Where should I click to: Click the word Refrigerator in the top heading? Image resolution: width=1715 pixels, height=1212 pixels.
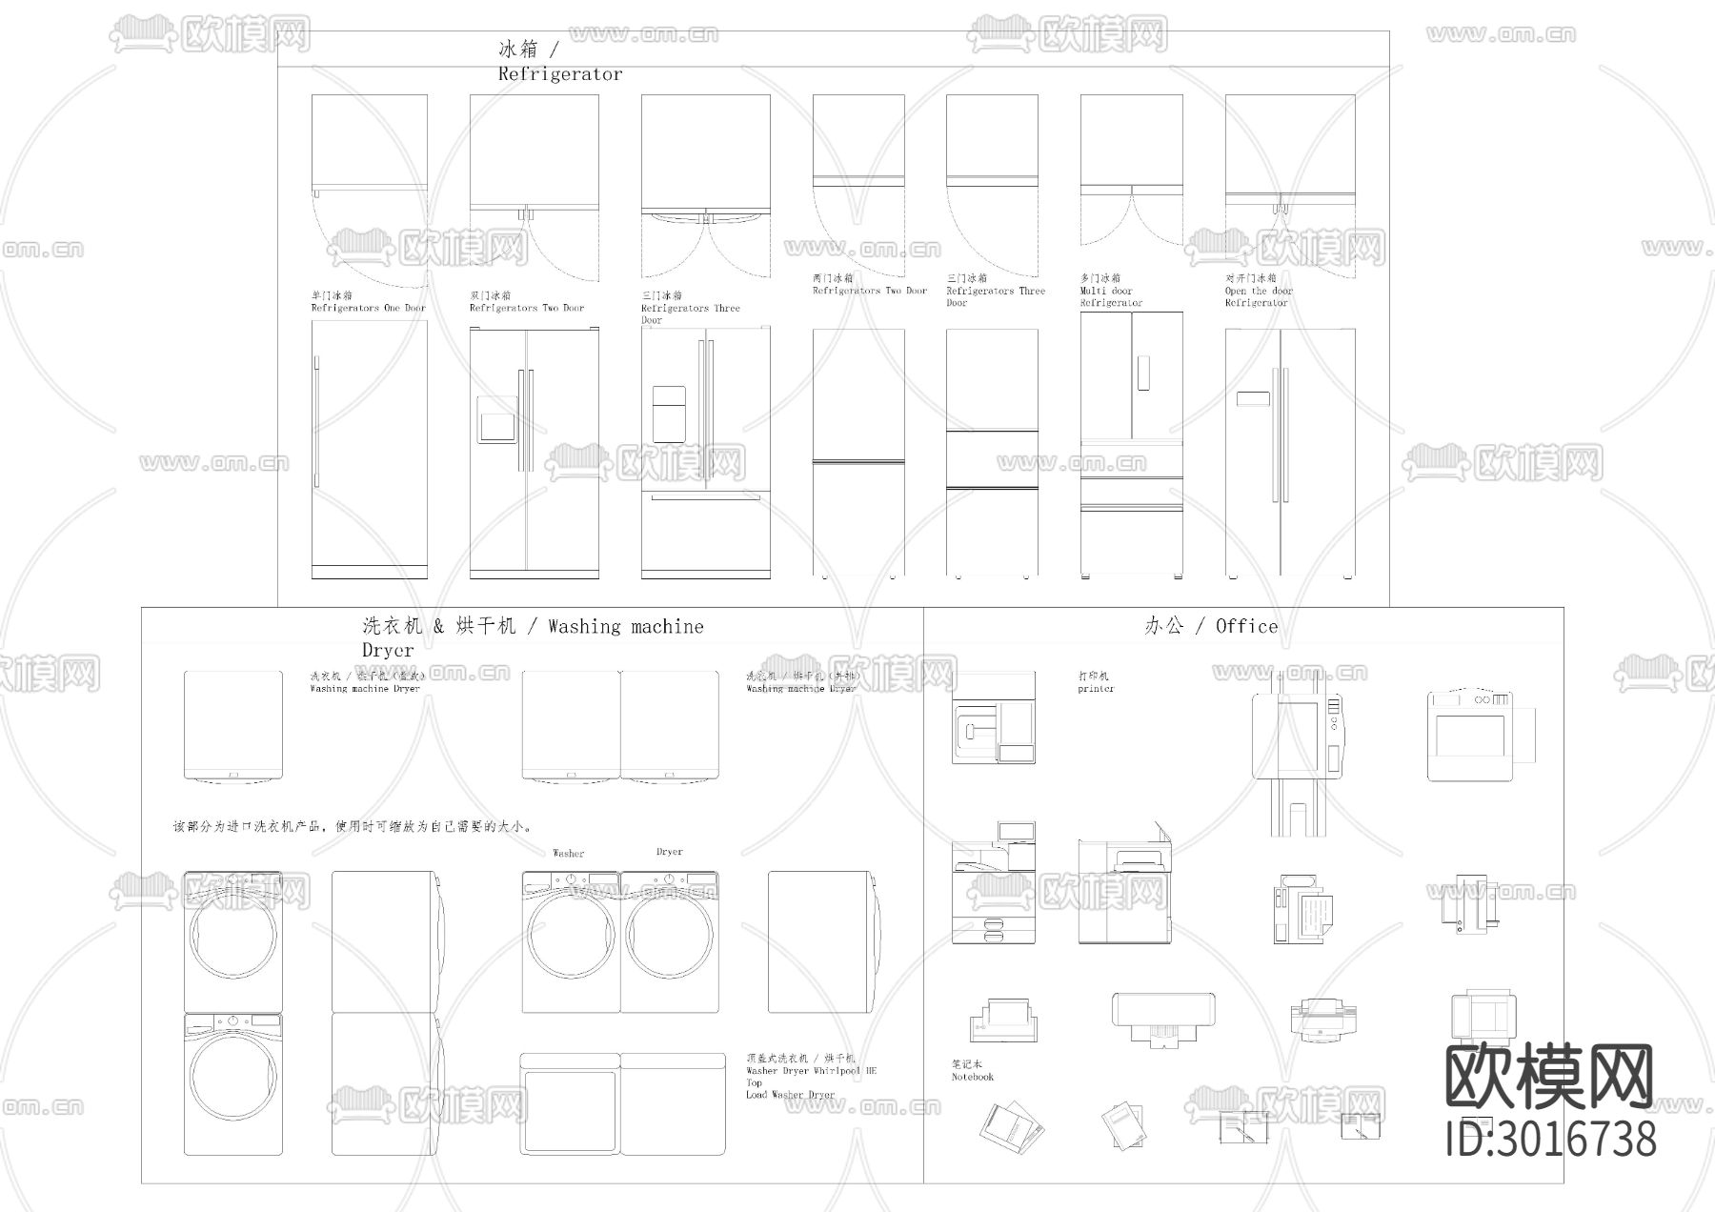[559, 74]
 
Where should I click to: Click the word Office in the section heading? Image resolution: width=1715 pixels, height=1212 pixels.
[1246, 626]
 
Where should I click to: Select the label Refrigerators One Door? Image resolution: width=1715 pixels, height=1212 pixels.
[368, 308]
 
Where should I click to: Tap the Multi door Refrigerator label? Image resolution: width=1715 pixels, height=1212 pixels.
[1111, 291]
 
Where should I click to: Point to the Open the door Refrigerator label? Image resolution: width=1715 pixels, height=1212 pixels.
[1259, 291]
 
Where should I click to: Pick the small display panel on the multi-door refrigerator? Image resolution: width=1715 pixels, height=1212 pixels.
[1143, 373]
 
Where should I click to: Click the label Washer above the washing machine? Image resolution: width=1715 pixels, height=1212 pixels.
[569, 854]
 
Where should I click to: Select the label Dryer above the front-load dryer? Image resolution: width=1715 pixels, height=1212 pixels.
[670, 852]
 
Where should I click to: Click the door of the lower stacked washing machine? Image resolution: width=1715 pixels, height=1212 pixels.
[233, 1076]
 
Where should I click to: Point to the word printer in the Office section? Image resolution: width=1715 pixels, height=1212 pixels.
[1096, 688]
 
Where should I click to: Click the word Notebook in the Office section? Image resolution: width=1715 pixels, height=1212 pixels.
[972, 1077]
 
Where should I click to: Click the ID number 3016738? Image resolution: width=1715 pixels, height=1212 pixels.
[1551, 1140]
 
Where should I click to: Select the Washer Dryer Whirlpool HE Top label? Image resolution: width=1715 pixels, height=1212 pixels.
[811, 1071]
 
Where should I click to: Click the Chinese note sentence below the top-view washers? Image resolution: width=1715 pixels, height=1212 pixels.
[353, 827]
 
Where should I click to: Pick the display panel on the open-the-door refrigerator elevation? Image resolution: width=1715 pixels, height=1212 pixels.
[1252, 399]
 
